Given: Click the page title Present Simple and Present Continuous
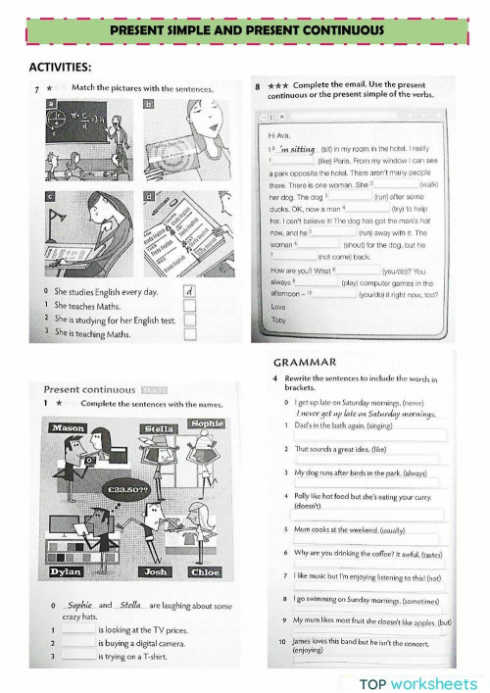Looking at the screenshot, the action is coord(246,31).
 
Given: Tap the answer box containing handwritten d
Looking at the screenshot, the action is coord(189,291).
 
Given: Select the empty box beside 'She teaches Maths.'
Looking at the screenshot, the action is coord(189,306).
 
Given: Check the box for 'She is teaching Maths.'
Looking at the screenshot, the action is coord(189,333).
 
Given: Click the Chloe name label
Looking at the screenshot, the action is coord(205,571).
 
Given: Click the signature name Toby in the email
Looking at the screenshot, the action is coord(279,320).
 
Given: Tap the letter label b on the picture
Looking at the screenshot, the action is coord(149,103).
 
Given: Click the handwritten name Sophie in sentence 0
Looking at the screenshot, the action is coord(80,606).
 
